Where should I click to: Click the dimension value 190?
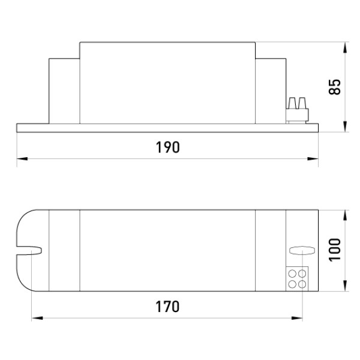167,147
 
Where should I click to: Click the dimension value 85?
335,87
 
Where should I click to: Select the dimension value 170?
167,307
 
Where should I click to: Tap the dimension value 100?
335,250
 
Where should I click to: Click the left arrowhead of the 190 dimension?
22,158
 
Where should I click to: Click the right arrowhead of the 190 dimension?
313,158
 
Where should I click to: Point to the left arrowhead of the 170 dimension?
37,318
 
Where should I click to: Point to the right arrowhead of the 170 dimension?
297,318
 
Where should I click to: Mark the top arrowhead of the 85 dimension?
345,47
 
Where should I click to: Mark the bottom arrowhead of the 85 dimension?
345,127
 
